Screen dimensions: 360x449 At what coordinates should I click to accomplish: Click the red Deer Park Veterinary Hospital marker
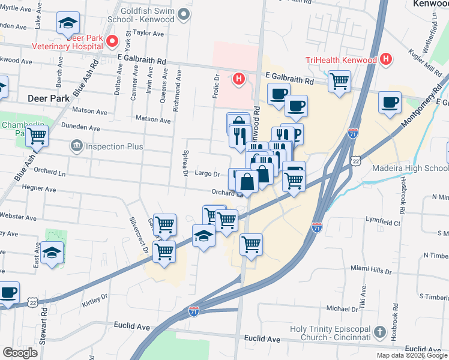pos(112,41)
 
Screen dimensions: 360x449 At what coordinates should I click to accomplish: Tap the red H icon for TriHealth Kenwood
pos(386,59)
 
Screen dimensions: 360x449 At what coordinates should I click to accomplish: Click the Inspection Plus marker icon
pos(76,146)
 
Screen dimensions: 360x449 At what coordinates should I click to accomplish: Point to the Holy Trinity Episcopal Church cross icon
pos(379,332)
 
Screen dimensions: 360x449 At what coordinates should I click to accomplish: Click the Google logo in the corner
pos(20,353)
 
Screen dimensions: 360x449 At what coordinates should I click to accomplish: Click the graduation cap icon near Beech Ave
pos(68,23)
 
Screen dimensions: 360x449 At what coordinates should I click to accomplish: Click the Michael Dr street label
pos(342,308)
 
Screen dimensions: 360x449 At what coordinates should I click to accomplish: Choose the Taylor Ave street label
pos(149,34)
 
